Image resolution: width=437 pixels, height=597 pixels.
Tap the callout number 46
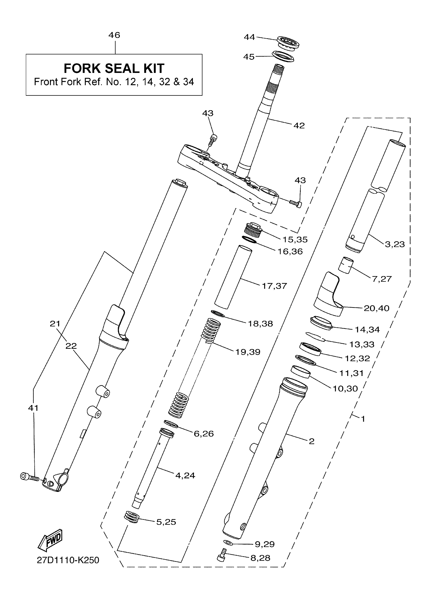pos(114,35)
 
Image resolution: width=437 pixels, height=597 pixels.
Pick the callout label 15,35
pos(295,240)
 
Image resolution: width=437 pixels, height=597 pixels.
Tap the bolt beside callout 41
pos(30,477)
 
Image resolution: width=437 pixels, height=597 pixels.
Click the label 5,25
pos(166,522)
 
